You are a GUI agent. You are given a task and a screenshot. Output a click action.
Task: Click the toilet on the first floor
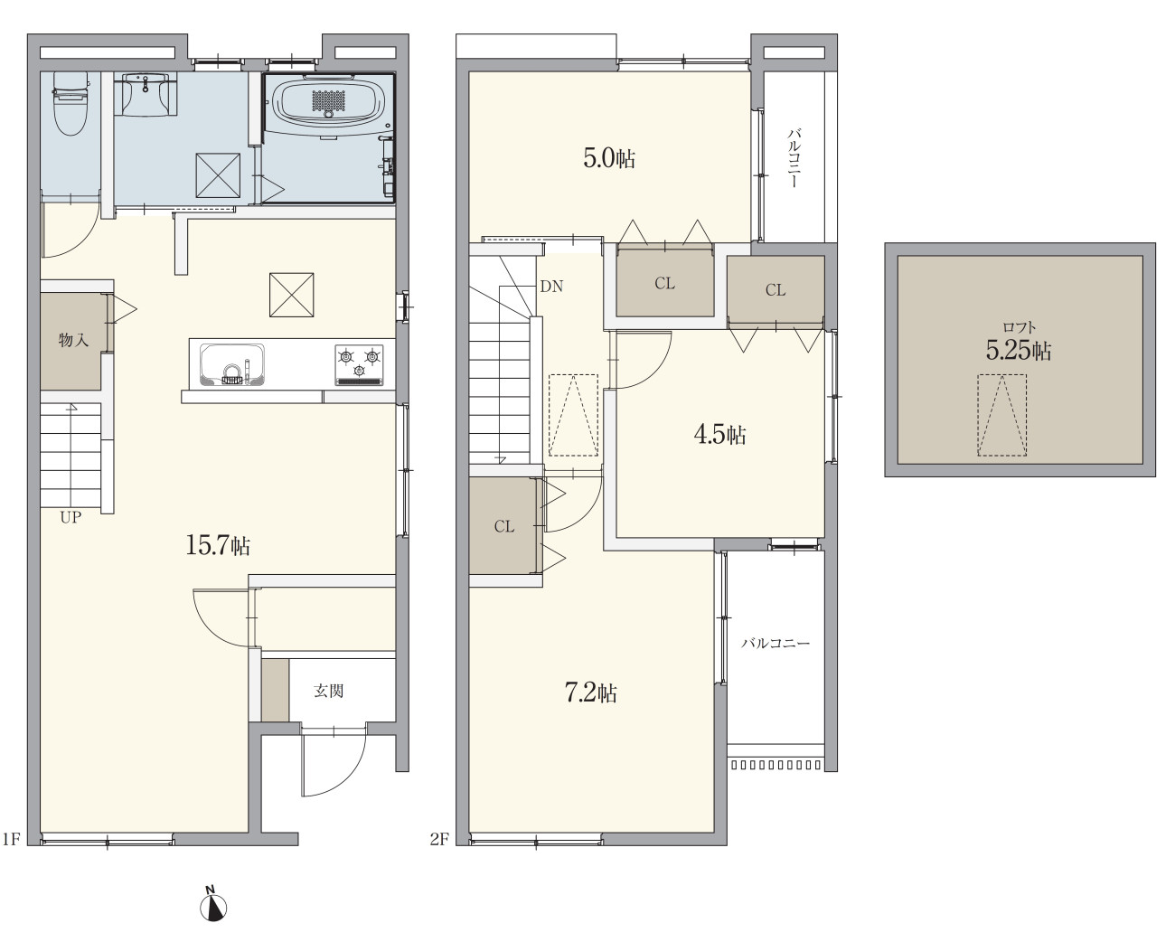[x=70, y=104]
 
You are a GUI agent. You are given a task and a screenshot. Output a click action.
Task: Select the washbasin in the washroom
[x=146, y=94]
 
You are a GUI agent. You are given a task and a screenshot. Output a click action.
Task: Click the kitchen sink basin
[x=231, y=365]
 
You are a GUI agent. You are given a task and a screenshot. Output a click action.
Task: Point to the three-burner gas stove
[x=358, y=365]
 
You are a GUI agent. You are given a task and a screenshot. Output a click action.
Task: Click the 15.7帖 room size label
[x=218, y=545]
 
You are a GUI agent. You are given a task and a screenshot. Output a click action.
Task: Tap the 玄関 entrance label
[x=329, y=692]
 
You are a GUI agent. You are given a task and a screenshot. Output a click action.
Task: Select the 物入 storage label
[x=73, y=340]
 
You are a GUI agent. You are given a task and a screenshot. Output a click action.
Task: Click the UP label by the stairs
[x=71, y=517]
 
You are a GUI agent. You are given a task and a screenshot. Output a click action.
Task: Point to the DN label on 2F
[x=551, y=287]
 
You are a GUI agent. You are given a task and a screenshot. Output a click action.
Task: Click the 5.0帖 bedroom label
[x=609, y=158]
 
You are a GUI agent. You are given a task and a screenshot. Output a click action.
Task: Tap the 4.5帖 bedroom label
[x=719, y=435]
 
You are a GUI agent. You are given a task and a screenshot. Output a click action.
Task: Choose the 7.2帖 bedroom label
[x=591, y=693]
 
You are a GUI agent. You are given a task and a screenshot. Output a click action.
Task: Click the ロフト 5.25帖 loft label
[x=1019, y=344]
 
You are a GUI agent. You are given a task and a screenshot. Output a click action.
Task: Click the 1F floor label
[x=12, y=838]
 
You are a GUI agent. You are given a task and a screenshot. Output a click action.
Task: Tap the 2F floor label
[x=439, y=838]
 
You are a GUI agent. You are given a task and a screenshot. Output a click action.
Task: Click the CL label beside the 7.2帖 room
[x=504, y=526]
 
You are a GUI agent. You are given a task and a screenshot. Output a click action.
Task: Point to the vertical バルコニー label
[x=794, y=158]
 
